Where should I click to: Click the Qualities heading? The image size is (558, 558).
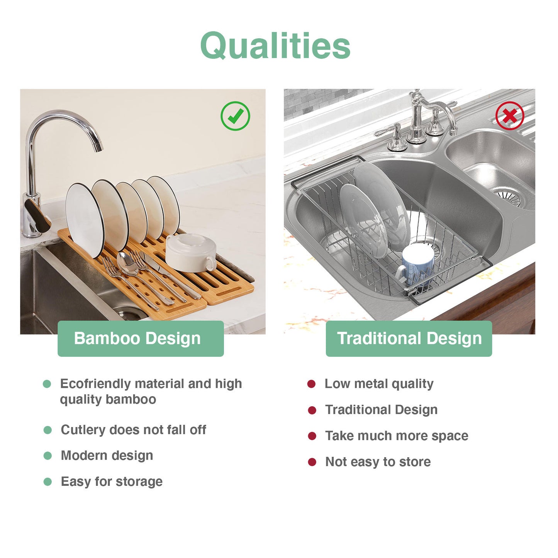[x=275, y=46]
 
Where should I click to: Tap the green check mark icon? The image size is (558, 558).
[x=235, y=116]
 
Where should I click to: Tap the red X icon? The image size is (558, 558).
[x=510, y=115]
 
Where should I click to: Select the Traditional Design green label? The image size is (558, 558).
[x=409, y=338]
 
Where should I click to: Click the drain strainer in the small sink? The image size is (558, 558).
[x=509, y=196]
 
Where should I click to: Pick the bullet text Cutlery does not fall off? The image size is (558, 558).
[x=133, y=430]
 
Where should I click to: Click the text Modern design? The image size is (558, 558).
[x=107, y=456]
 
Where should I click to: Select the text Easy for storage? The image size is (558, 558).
[x=112, y=482]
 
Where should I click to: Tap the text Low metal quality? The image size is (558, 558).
[x=379, y=384]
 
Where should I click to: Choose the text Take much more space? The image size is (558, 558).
[x=397, y=436]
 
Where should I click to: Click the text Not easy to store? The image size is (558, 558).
[x=378, y=462]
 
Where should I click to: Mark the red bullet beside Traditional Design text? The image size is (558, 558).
[x=312, y=410]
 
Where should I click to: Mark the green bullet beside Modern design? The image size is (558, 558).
[x=47, y=456]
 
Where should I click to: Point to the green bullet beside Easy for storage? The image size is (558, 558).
[x=47, y=482]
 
